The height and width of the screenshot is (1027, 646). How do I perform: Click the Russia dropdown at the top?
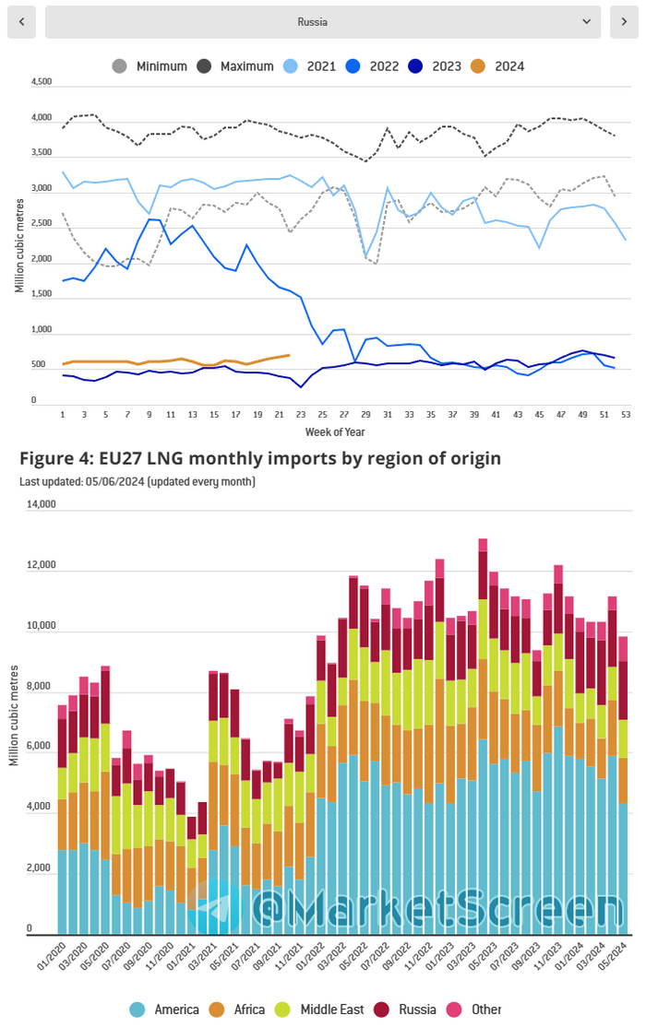pos(323,21)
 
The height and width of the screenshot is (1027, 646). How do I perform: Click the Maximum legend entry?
pos(235,66)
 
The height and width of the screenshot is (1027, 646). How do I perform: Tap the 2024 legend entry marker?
pos(477,66)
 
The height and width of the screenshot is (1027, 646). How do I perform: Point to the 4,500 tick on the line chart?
pos(41,81)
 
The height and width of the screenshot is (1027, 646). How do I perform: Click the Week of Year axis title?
pos(337,432)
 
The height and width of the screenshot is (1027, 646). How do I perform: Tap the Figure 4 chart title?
pos(260,459)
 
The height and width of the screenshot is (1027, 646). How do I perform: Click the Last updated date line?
pos(138,481)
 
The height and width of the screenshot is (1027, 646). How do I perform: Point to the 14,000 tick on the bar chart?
pos(41,504)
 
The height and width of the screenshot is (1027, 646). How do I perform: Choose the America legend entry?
pos(165,1009)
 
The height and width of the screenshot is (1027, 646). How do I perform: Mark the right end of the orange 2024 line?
pos(290,355)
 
